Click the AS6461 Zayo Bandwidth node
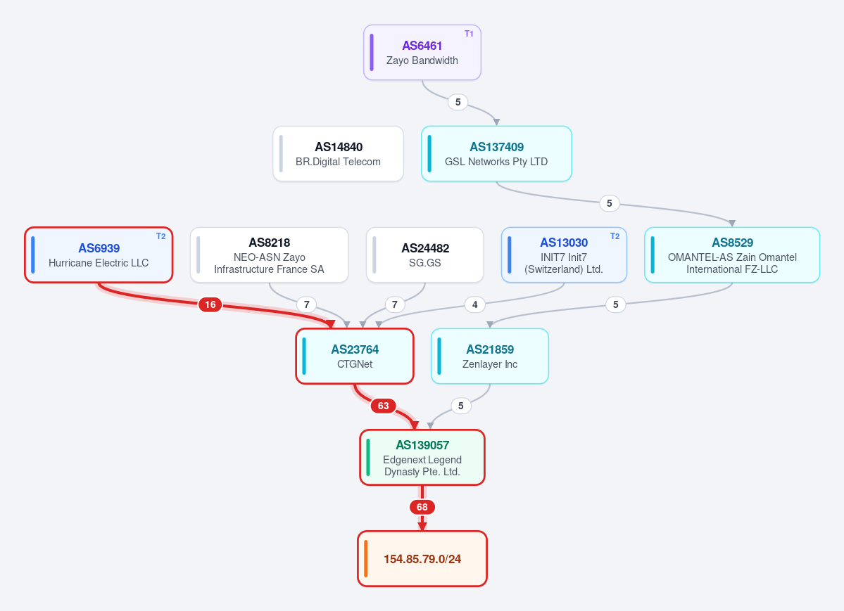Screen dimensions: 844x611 tap(422, 53)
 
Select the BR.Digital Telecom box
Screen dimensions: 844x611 tap(338, 154)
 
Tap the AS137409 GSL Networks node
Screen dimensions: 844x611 tap(496, 154)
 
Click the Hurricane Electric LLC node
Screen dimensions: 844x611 tap(99, 255)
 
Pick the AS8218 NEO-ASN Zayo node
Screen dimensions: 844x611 tap(269, 255)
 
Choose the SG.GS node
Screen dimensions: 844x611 tap(424, 255)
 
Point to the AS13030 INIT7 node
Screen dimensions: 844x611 tap(564, 255)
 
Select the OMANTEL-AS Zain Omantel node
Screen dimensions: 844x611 tap(732, 255)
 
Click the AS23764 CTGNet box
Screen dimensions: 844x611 tap(355, 356)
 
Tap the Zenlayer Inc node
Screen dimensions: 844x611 tap(490, 356)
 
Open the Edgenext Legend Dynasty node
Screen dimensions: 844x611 tap(422, 457)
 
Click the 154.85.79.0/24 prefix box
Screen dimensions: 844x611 tap(422, 558)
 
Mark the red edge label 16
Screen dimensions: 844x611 tap(210, 304)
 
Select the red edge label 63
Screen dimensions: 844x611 tap(383, 406)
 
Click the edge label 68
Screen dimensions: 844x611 tap(422, 507)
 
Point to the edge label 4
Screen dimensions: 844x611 tap(474, 304)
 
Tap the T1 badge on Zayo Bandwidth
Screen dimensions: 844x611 tap(469, 33)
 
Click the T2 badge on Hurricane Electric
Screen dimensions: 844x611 tap(161, 236)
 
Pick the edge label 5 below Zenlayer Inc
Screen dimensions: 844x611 tap(461, 406)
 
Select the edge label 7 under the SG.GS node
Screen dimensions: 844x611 tap(395, 304)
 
